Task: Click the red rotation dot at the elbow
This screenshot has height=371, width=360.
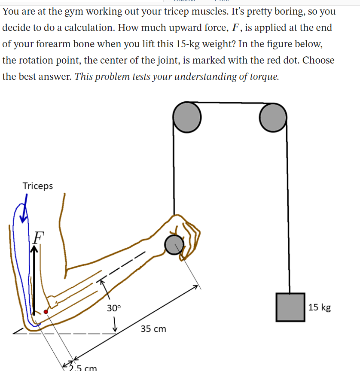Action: tap(46, 312)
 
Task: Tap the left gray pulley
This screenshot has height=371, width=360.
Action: tap(186, 117)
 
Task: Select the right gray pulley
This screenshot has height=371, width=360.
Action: tap(273, 117)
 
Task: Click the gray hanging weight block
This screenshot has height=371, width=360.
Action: tap(290, 307)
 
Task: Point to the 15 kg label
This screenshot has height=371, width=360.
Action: tap(320, 307)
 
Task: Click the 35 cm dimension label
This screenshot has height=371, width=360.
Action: tap(153, 329)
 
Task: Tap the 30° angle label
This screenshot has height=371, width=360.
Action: tap(114, 308)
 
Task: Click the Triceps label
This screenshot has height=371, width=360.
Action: tap(38, 186)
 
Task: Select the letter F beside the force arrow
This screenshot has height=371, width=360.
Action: tap(39, 236)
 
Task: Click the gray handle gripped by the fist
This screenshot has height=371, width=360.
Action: tap(174, 245)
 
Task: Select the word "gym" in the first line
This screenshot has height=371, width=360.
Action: tap(74, 12)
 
